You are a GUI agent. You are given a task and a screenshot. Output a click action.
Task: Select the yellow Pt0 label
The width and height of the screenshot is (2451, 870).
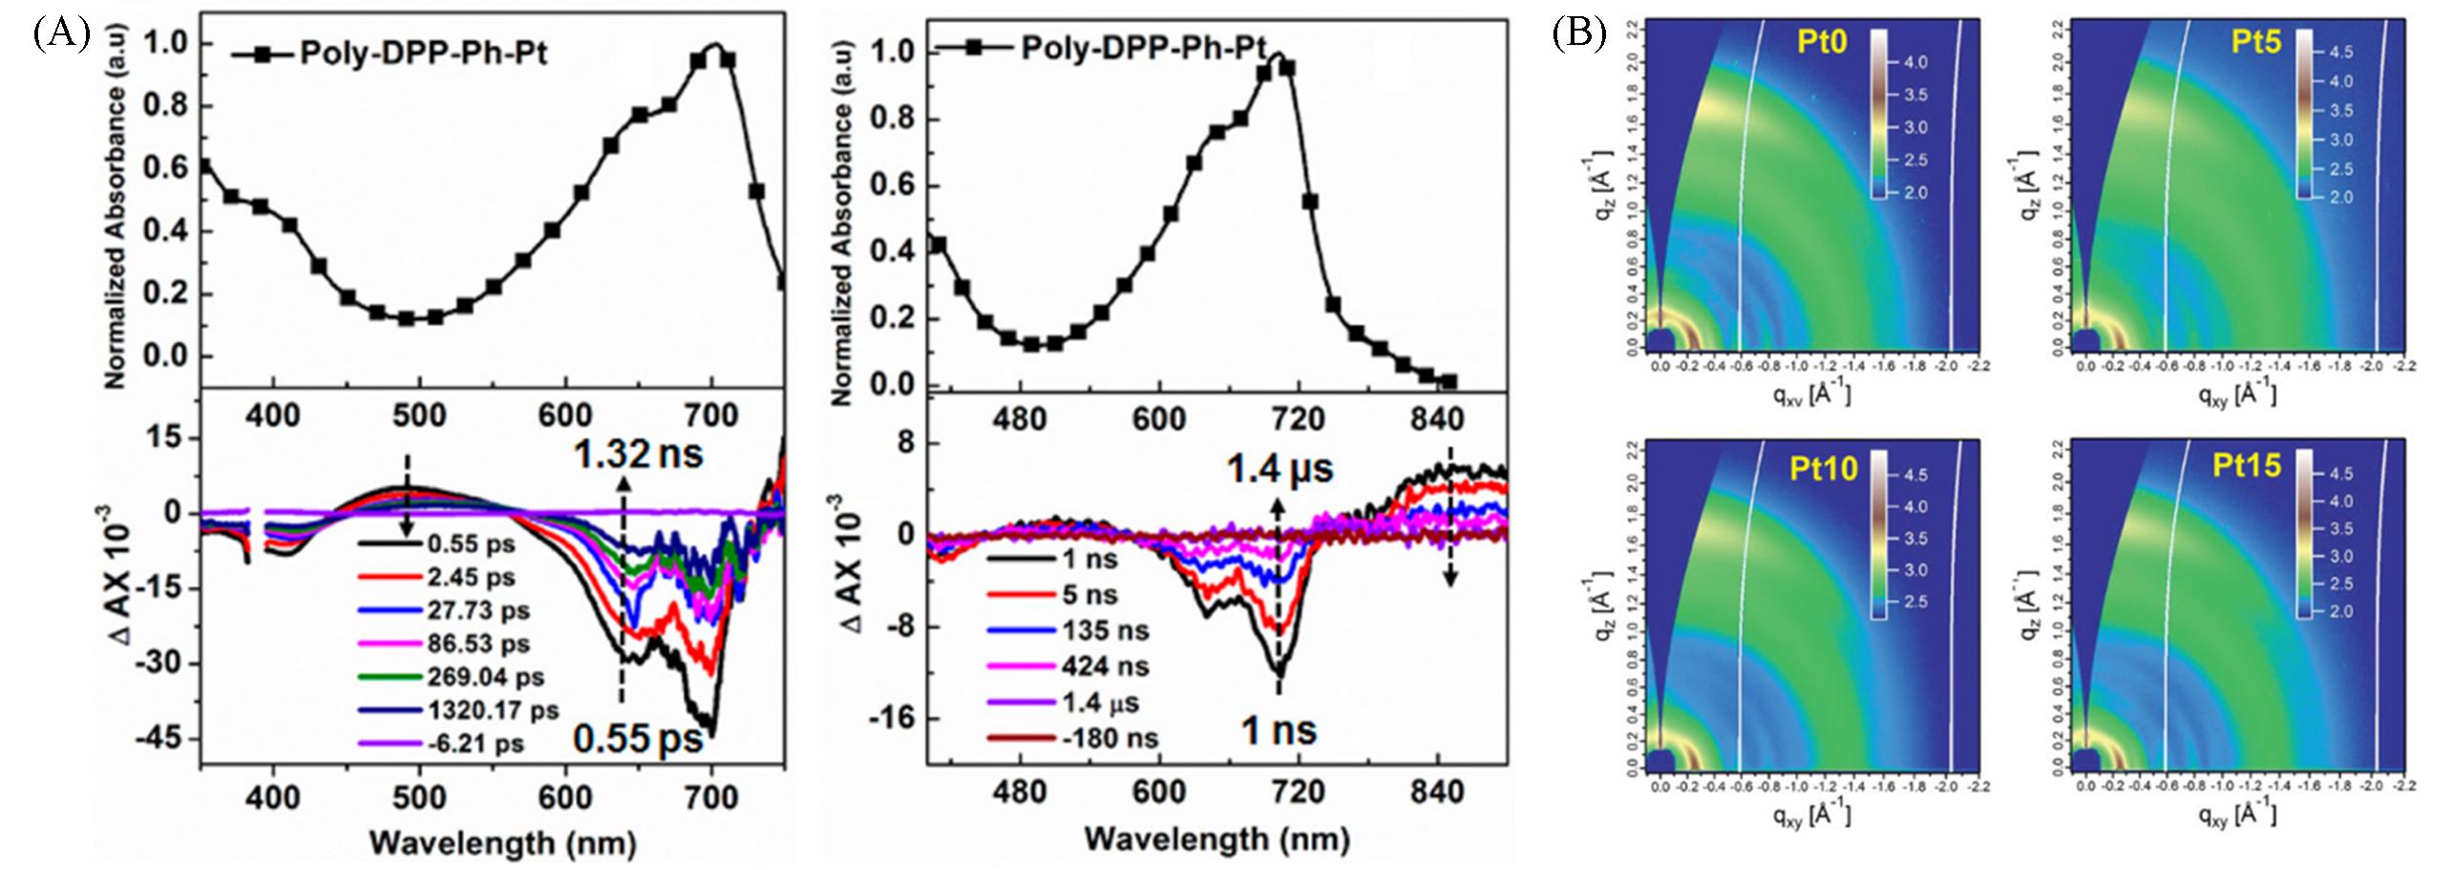[1821, 43]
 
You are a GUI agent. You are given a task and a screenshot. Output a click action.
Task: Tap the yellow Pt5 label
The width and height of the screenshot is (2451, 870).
[2255, 43]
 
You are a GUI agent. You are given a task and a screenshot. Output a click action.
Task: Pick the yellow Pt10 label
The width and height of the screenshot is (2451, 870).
[1824, 468]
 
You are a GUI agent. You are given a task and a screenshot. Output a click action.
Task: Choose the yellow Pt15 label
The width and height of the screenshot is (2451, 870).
[2249, 466]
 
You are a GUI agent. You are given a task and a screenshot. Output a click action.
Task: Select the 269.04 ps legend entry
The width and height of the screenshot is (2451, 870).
[485, 677]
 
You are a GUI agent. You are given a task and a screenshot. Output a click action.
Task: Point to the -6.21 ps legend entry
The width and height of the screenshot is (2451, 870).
[475, 744]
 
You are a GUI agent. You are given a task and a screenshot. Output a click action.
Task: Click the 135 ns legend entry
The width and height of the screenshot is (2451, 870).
[1105, 631]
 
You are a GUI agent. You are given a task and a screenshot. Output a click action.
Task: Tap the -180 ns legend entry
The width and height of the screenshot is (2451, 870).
[1109, 738]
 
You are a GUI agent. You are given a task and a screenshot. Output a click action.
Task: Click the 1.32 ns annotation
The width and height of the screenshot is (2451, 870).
[638, 454]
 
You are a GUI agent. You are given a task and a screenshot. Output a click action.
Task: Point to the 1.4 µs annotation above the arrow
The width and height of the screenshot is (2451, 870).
[1279, 470]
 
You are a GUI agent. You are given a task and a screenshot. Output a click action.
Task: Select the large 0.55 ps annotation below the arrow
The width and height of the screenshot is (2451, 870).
[637, 738]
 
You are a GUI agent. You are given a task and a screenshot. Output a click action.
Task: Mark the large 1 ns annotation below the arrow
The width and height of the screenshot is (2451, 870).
[1278, 732]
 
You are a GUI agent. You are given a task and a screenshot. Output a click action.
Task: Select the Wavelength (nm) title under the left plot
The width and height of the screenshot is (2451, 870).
[502, 843]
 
